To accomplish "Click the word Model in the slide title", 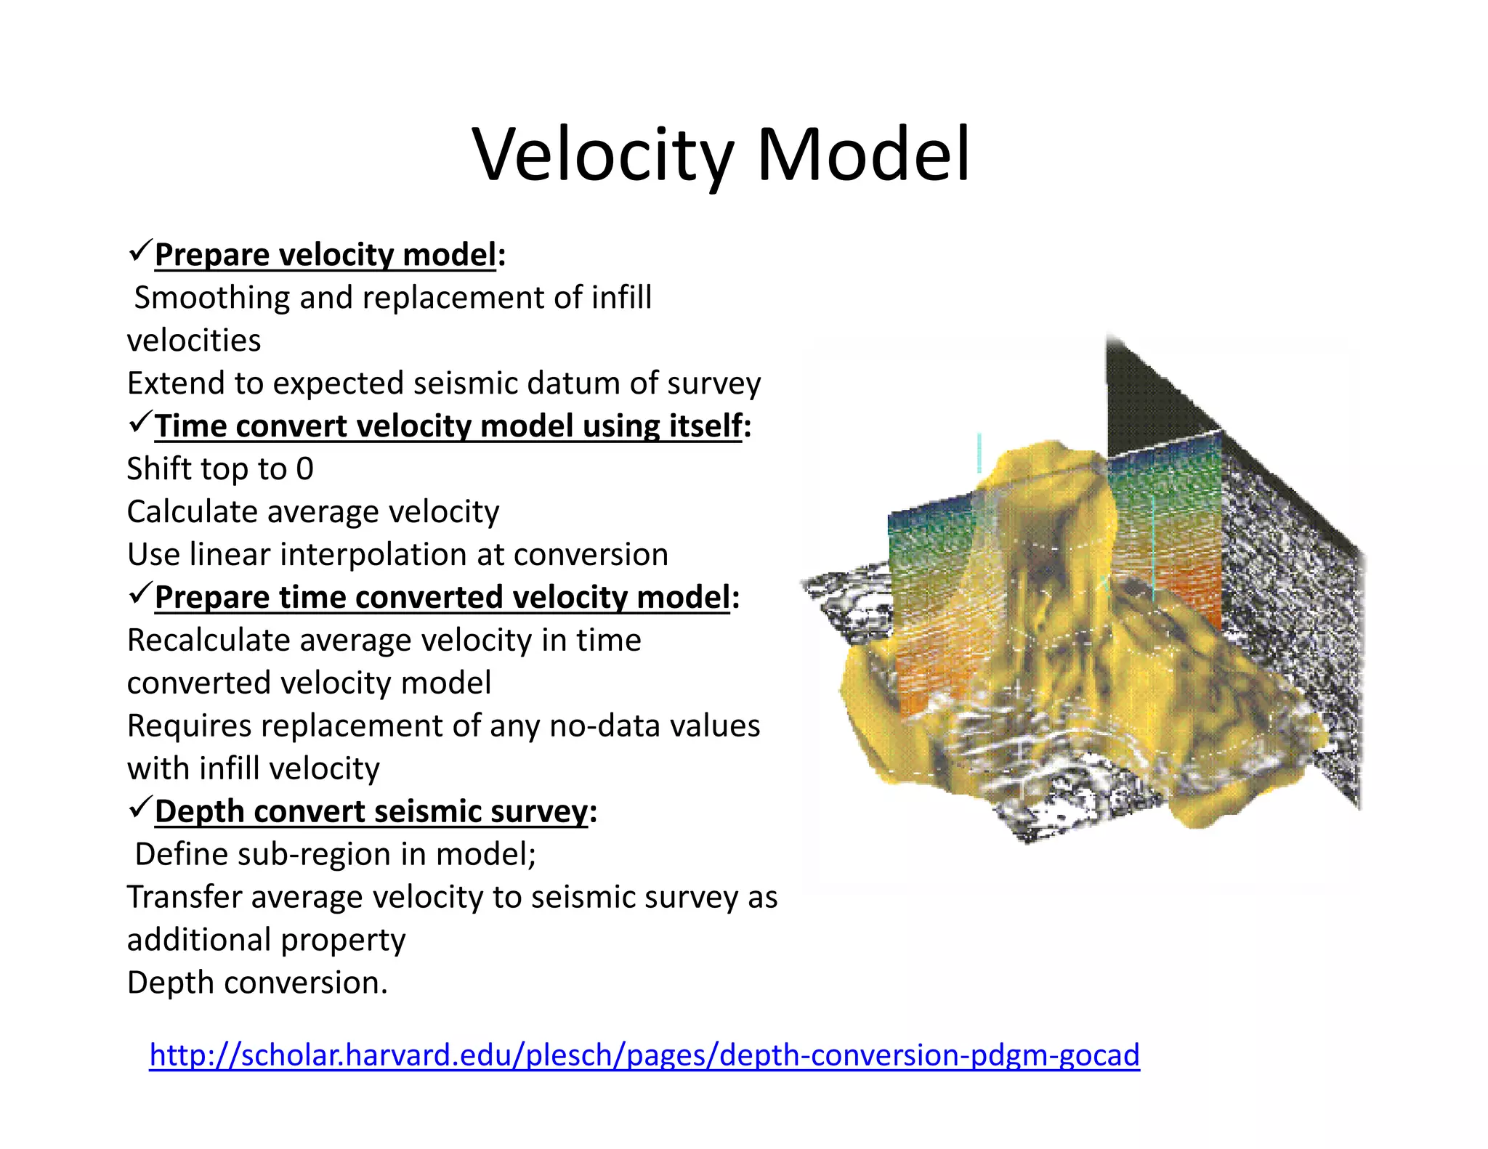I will click(x=863, y=155).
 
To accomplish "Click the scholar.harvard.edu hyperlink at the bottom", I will click(x=644, y=1055).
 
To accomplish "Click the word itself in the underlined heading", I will click(x=704, y=426).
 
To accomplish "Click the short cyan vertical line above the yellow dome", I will click(x=979, y=452).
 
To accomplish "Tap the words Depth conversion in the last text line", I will click(x=257, y=983).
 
